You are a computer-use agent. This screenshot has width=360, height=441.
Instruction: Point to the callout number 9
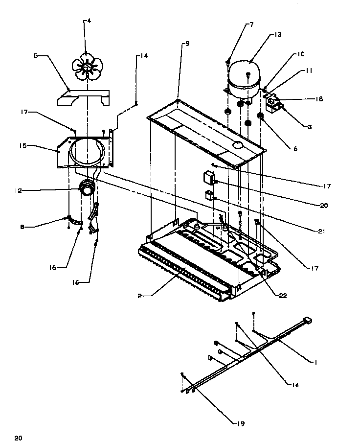pyautogui.click(x=187, y=44)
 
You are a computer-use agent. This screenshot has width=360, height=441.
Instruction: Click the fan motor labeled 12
pyautogui.click(x=87, y=189)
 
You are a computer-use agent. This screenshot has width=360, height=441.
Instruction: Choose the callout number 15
pyautogui.click(x=22, y=146)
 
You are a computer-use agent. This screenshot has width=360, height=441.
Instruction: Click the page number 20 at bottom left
pyautogui.click(x=18, y=437)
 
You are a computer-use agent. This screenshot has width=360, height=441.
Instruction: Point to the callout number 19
pyautogui.click(x=241, y=423)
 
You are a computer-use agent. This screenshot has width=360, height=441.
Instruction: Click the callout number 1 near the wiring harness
pyautogui.click(x=315, y=362)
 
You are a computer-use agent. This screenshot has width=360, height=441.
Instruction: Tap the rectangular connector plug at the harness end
pyautogui.click(x=307, y=321)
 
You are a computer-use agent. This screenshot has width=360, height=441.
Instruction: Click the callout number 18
pyautogui.click(x=319, y=99)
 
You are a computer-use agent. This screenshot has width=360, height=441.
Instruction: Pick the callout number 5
pyautogui.click(x=35, y=56)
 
